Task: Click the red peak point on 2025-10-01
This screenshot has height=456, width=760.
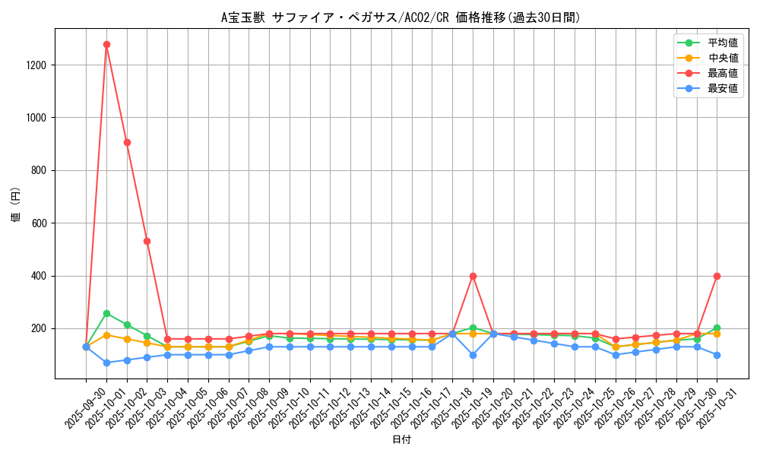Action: (106, 44)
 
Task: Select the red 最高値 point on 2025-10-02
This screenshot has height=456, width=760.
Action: (127, 142)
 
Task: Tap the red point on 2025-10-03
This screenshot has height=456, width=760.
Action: (147, 241)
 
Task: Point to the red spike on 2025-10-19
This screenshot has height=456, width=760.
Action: (473, 276)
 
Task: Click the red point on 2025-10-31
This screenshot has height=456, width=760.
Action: (717, 276)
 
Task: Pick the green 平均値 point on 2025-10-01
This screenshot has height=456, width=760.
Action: (106, 313)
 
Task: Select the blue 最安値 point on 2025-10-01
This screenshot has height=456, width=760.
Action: (106, 363)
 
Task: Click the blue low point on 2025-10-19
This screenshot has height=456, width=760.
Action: (473, 355)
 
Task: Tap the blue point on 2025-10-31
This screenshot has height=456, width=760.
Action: (717, 355)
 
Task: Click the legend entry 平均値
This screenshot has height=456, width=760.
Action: (722, 43)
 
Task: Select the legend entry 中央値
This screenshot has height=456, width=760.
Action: (722, 58)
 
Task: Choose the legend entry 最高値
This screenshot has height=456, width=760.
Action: (722, 73)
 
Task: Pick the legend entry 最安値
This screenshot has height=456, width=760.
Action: (722, 88)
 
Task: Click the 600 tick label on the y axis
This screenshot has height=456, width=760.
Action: (39, 223)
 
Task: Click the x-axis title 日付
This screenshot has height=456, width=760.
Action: (401, 440)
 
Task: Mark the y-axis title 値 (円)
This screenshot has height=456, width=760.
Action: (16, 205)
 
